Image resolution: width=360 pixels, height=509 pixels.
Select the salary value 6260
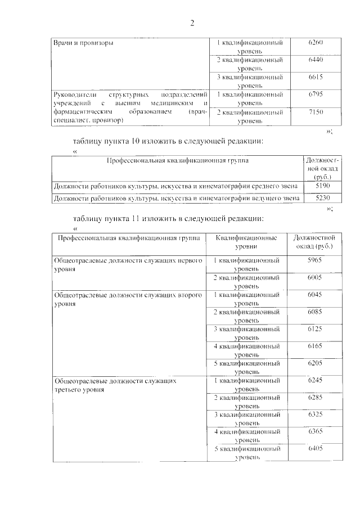click(316, 43)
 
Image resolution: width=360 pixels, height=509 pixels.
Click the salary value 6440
click(316, 60)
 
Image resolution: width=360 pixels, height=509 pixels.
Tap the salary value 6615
click(316, 76)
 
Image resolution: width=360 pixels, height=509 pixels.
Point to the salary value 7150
click(316, 112)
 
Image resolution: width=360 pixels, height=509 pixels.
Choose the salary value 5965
click(316, 261)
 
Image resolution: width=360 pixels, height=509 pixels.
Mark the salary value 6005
click(316, 278)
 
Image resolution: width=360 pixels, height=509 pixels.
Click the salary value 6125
click(316, 328)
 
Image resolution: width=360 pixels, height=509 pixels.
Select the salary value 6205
click(316, 363)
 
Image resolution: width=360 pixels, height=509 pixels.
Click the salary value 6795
click(316, 94)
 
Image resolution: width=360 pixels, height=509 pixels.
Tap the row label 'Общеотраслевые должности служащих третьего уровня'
click(115, 385)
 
